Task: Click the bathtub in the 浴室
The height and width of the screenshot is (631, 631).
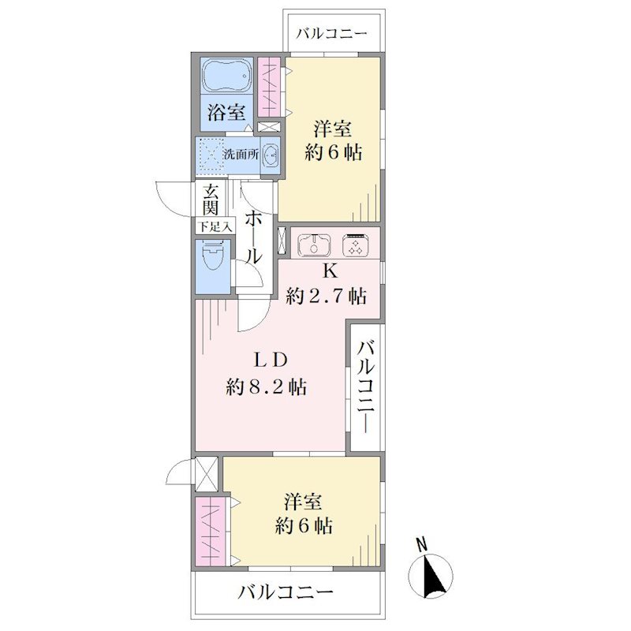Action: tap(226, 77)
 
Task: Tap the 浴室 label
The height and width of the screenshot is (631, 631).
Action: tap(226, 112)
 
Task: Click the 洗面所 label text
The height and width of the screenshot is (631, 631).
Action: tap(241, 154)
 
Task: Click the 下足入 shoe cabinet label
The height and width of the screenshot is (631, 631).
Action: tap(215, 227)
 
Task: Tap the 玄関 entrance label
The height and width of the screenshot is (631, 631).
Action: tap(210, 200)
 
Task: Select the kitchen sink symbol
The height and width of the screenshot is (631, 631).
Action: tap(314, 245)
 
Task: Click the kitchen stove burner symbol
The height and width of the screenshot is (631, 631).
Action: tap(354, 245)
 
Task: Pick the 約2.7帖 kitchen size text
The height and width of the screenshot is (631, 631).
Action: tap(326, 297)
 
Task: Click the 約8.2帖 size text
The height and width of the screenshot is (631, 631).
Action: tap(267, 387)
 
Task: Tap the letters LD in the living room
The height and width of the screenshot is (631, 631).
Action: tap(270, 360)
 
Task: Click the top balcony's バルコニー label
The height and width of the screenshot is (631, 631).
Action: tap(332, 34)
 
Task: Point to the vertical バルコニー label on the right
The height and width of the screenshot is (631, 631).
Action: tap(366, 386)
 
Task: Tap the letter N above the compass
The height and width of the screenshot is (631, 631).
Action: tap(422, 546)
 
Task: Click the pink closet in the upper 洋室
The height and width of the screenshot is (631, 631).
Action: tap(269, 88)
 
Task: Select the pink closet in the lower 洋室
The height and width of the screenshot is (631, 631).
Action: tap(211, 531)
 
